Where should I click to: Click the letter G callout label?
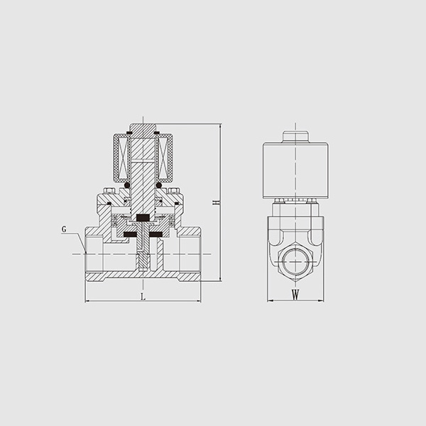[x=64, y=229]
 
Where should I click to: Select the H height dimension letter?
[x=216, y=202]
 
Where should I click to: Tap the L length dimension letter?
[x=143, y=296]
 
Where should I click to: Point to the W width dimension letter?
[x=295, y=295]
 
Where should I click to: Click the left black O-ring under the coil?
[x=126, y=185]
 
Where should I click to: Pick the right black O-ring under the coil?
[x=159, y=185]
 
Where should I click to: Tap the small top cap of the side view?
[x=295, y=136]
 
